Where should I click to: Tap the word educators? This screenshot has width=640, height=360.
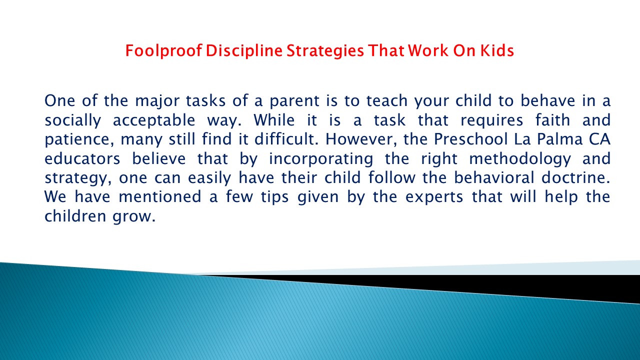point(82,158)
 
